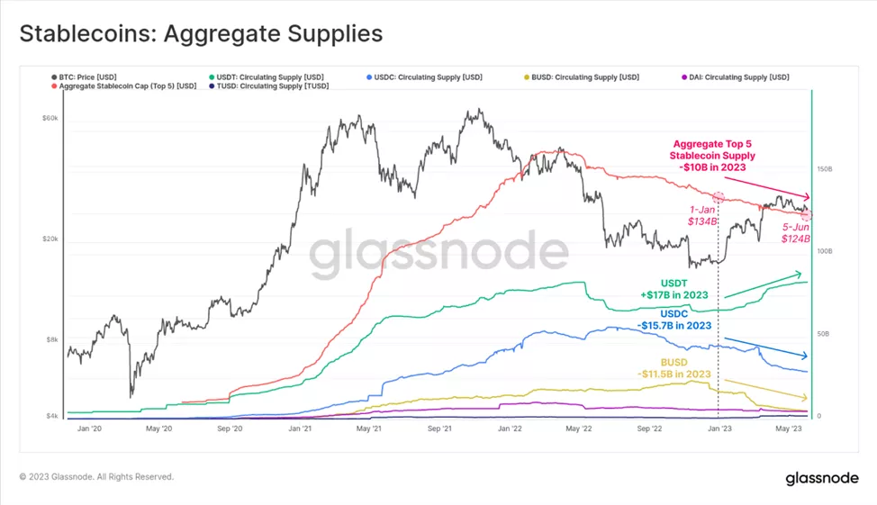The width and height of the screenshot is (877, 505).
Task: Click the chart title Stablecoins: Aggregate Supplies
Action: click(201, 34)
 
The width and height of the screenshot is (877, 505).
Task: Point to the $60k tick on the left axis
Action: click(50, 118)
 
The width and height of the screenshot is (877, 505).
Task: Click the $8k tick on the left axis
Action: click(53, 340)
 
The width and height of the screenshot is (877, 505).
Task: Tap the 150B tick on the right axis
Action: click(824, 168)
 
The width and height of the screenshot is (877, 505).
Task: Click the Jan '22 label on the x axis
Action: click(511, 428)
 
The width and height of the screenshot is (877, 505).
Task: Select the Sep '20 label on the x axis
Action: click(230, 428)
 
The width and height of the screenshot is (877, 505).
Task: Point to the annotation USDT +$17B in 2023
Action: click(674, 288)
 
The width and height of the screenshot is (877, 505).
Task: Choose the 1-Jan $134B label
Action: click(701, 214)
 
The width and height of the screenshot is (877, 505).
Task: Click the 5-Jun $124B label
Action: click(796, 233)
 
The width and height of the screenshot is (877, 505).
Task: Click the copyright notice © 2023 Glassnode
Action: click(96, 476)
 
